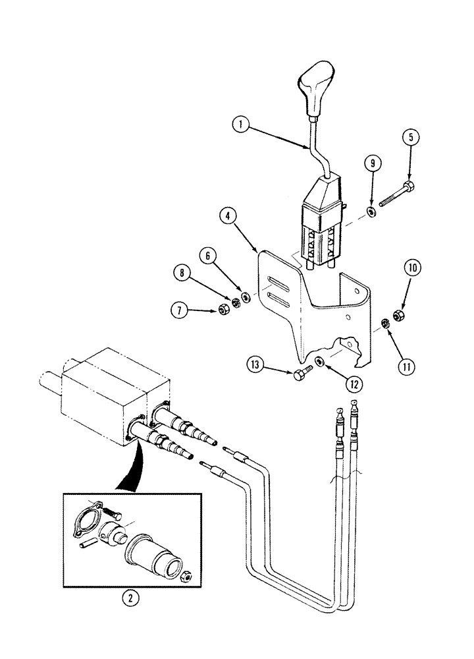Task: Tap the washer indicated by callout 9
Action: coord(371,211)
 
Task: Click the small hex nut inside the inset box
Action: coord(186,577)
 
